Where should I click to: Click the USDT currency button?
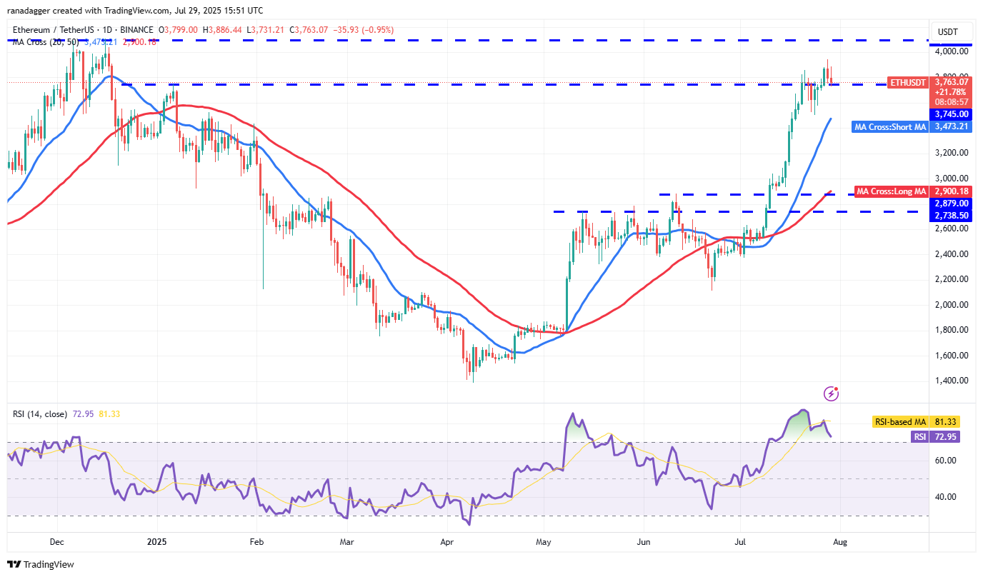(x=947, y=31)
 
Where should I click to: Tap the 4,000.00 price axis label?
(x=953, y=51)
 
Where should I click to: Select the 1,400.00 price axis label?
(x=953, y=381)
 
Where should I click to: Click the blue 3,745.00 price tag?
(x=952, y=114)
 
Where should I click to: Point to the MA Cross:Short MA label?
(x=890, y=127)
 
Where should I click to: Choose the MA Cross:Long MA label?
(x=891, y=191)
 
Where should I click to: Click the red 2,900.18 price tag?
(x=952, y=191)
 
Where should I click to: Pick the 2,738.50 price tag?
(x=952, y=215)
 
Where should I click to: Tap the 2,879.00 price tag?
(x=952, y=204)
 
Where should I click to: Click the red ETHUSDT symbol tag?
(x=907, y=83)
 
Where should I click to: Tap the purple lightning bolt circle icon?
(x=831, y=393)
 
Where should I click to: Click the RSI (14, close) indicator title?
(x=40, y=414)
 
